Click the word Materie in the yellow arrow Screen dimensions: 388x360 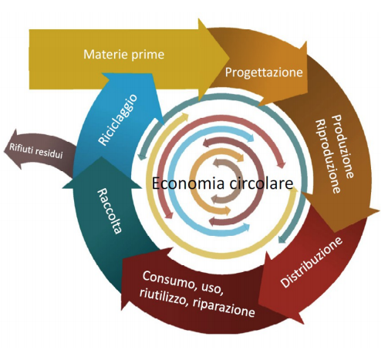106,55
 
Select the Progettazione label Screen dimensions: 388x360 264,72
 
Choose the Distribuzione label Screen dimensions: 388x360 312,262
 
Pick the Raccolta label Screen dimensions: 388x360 109,211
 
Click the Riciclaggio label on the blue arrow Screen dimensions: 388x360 118,120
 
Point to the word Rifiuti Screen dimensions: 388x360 21,149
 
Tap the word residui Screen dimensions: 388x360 49,153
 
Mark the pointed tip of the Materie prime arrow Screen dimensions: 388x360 229,58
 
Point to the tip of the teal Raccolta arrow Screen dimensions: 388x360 102,156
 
